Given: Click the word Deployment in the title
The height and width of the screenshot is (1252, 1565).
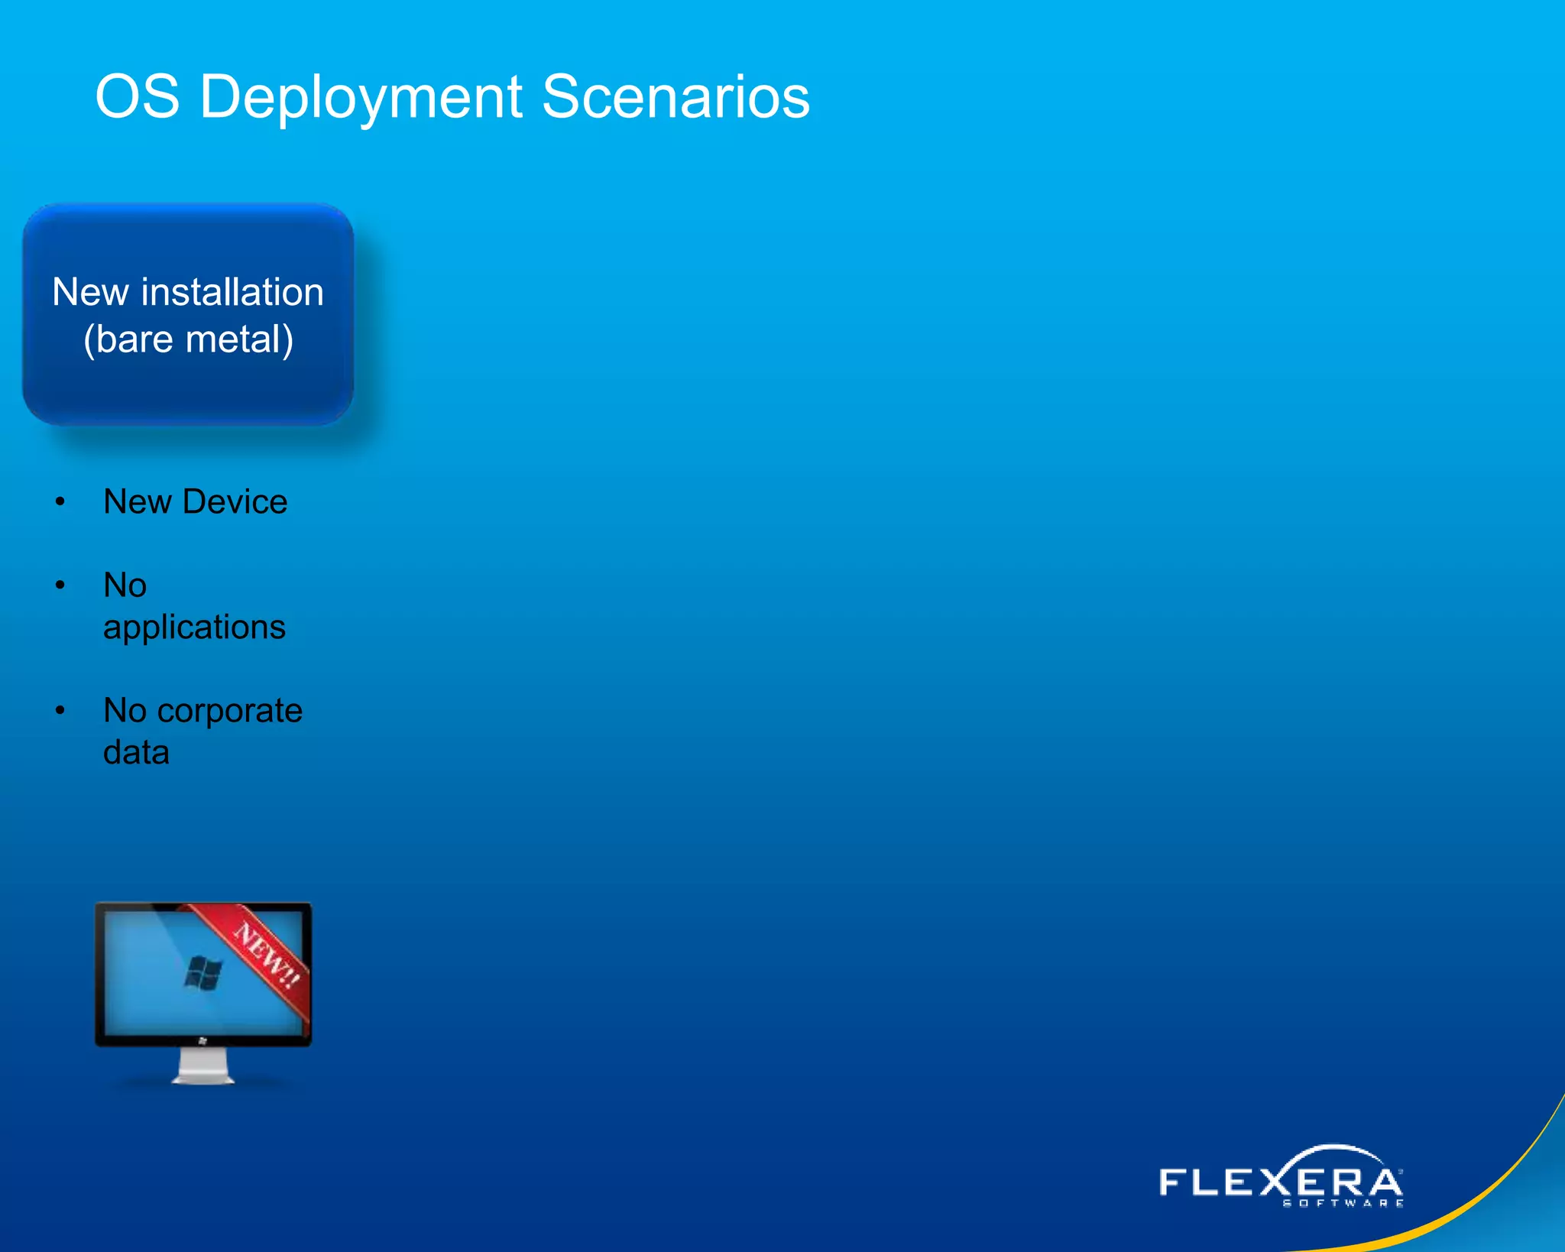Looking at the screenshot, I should click(361, 98).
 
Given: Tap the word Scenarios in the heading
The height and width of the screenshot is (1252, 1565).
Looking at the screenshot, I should click(676, 98).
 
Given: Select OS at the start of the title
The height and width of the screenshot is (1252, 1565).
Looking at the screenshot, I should click(138, 98).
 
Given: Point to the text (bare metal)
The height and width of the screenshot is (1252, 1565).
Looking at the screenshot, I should click(188, 339).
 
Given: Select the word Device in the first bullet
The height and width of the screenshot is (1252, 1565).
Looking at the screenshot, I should click(235, 502).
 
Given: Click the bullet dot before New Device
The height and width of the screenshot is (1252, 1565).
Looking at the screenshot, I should click(60, 502).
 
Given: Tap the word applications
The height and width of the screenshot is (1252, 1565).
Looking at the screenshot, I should click(194, 628).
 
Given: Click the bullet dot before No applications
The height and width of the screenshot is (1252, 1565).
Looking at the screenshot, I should click(60, 585).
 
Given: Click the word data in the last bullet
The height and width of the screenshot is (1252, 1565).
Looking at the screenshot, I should click(136, 753).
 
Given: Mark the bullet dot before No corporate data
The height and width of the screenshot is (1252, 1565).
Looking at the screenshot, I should click(60, 711).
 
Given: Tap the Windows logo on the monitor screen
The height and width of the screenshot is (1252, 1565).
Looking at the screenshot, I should click(203, 973).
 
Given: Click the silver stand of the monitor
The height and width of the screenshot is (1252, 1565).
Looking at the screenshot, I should click(203, 1065).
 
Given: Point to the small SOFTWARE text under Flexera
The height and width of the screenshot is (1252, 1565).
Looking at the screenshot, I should click(1343, 1204).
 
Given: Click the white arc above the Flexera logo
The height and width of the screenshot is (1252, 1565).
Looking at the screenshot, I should click(1333, 1150).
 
